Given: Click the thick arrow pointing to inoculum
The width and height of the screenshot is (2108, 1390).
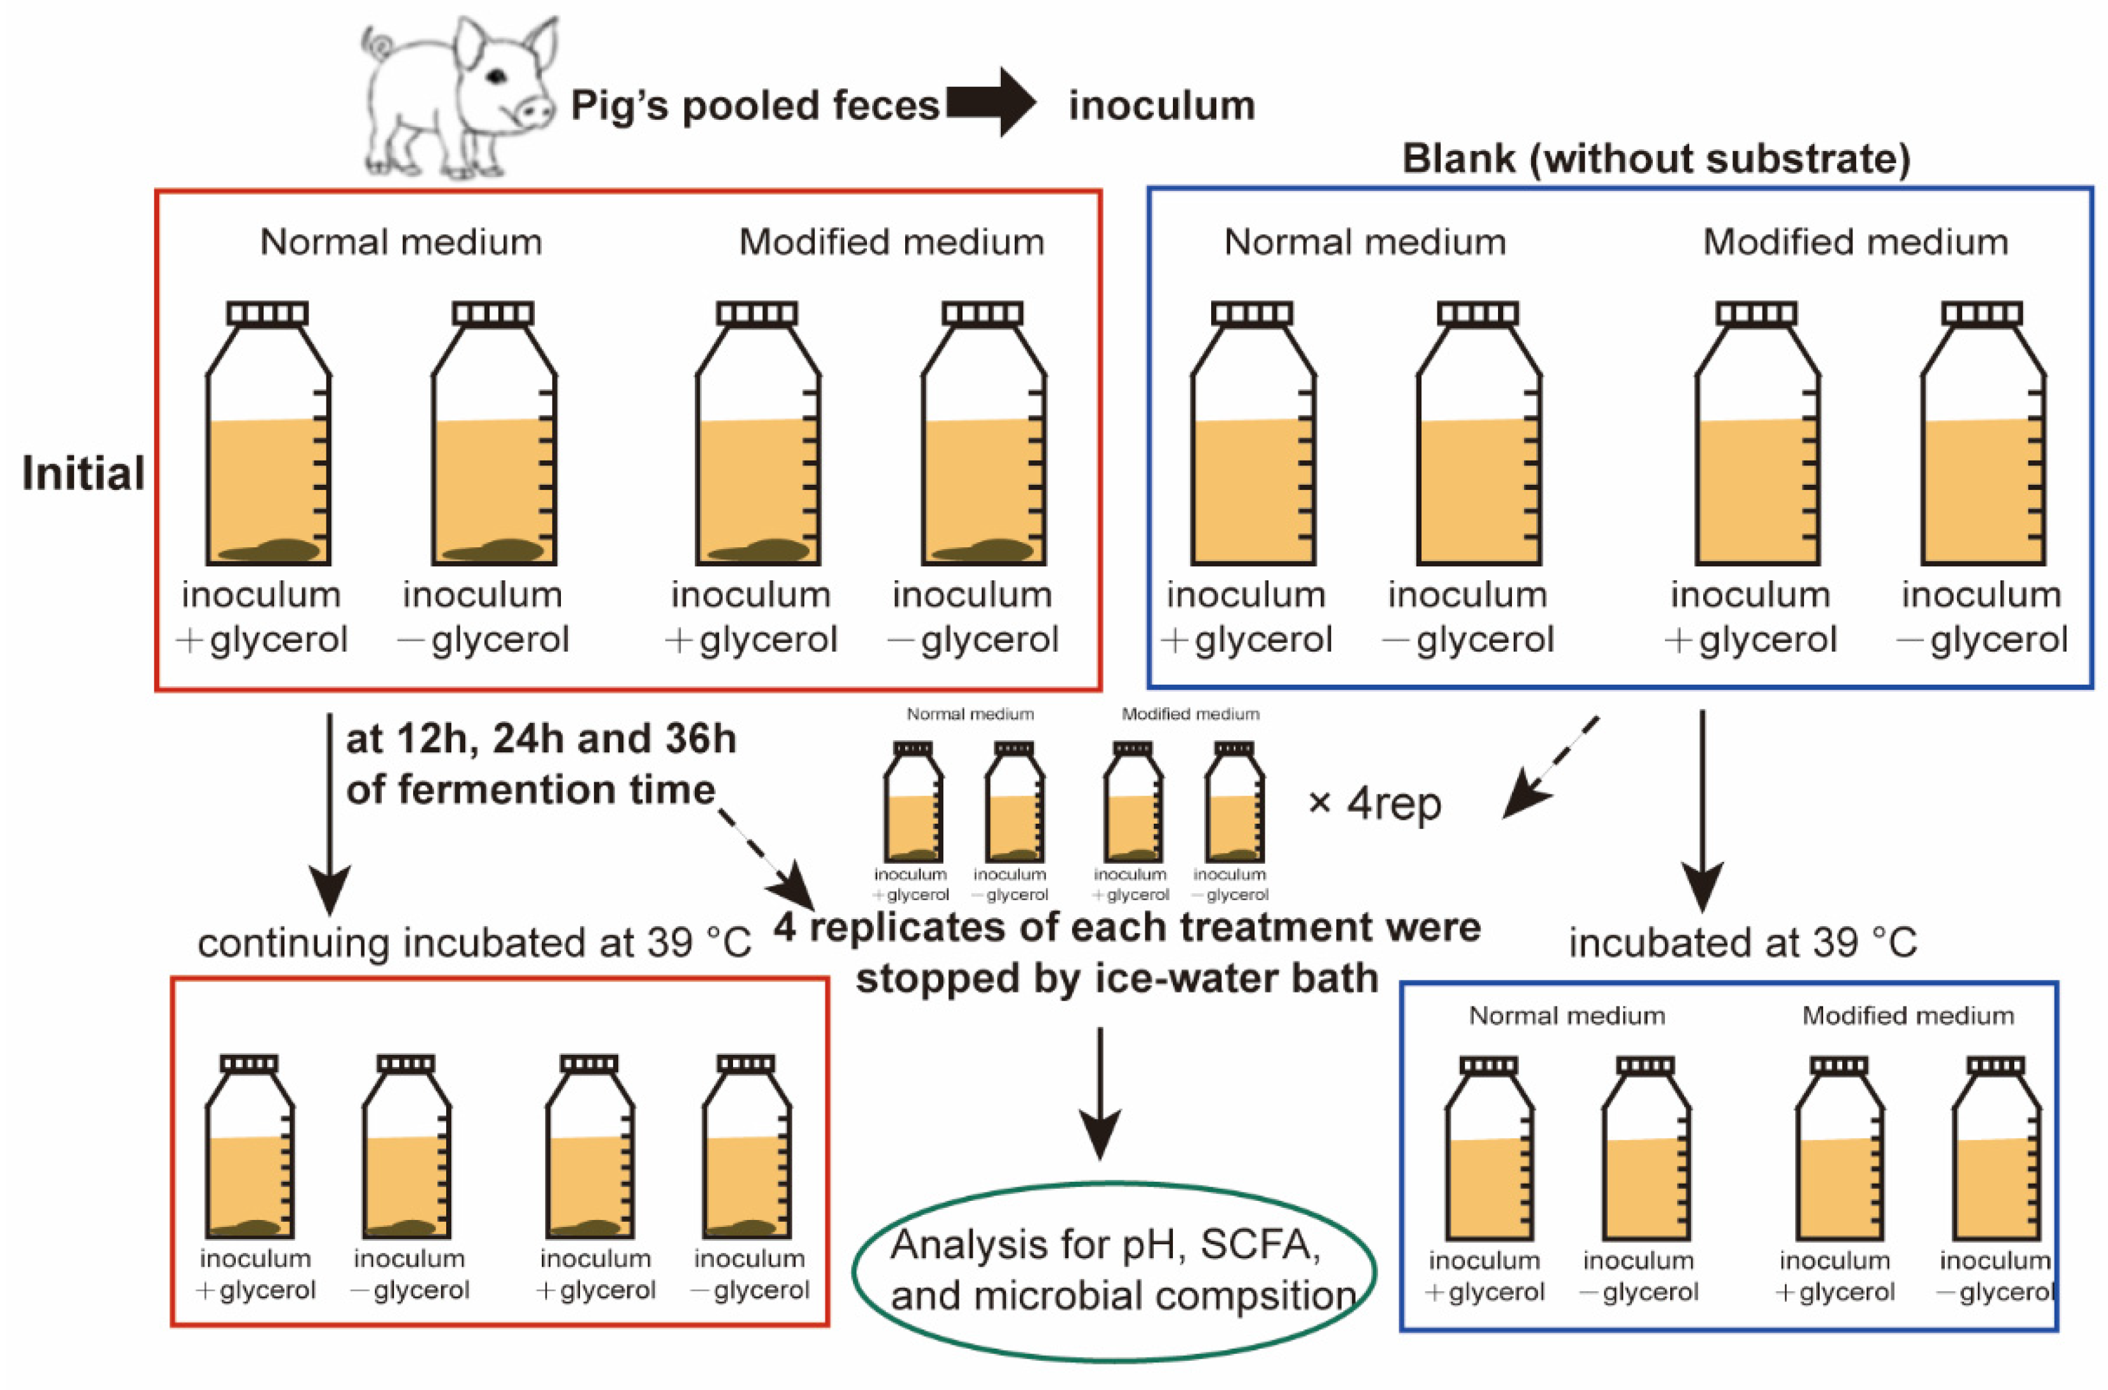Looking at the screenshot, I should click(x=991, y=103).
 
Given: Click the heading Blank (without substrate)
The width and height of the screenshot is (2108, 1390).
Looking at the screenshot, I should click(x=1655, y=159).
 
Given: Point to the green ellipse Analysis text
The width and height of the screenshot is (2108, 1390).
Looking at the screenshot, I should click(x=1113, y=1270).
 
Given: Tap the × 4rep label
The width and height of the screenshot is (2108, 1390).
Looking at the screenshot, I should click(x=1374, y=803).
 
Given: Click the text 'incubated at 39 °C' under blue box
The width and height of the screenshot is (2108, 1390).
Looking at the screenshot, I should click(x=1743, y=942).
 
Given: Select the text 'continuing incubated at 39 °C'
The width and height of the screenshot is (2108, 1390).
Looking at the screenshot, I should click(x=474, y=942).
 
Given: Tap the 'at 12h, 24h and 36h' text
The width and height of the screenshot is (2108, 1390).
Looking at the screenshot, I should click(x=541, y=738).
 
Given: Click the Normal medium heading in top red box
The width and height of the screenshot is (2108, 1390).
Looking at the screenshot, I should click(x=401, y=242).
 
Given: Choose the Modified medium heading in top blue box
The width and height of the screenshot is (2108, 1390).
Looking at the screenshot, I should click(x=1855, y=242).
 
